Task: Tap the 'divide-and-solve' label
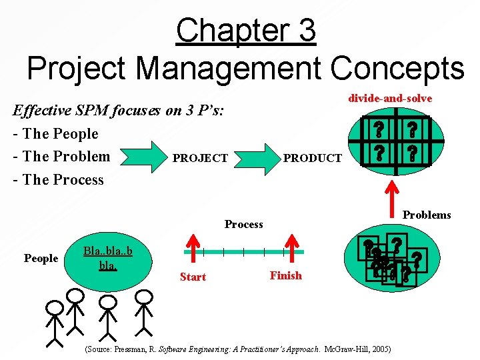pyautogui.click(x=390, y=98)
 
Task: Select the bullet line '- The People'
pyautogui.click(x=60, y=133)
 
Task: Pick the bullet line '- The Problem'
pyautogui.click(x=66, y=157)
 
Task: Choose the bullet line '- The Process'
pyautogui.click(x=63, y=179)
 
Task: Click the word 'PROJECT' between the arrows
pyautogui.click(x=200, y=159)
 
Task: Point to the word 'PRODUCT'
pyautogui.click(x=313, y=159)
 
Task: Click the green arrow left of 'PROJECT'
pyautogui.click(x=143, y=158)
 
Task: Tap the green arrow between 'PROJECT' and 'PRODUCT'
pyautogui.click(x=257, y=157)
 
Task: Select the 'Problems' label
pyautogui.click(x=427, y=215)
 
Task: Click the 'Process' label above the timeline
pyautogui.click(x=243, y=224)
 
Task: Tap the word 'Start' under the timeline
pyautogui.click(x=193, y=277)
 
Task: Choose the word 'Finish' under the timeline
pyautogui.click(x=285, y=275)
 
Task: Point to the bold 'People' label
pyautogui.click(x=41, y=258)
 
